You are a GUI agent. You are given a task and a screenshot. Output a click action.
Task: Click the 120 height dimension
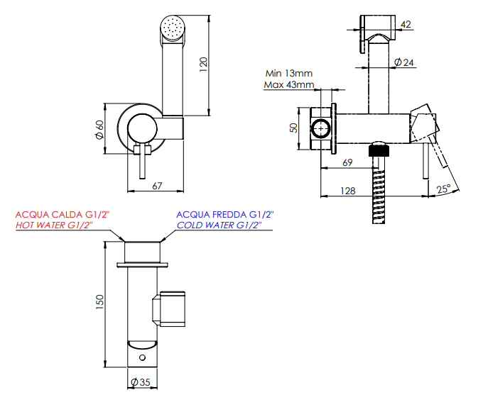(203, 65)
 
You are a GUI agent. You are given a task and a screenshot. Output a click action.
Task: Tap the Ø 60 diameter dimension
(99, 130)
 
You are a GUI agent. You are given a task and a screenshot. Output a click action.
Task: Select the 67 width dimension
(157, 186)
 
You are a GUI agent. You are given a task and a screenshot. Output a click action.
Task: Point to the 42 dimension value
(406, 24)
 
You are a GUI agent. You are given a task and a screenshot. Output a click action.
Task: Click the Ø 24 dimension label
(404, 62)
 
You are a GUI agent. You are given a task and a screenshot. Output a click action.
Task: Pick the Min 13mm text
(289, 73)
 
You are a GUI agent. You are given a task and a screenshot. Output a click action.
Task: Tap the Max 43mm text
(289, 84)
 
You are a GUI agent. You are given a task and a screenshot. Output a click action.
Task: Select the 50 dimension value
(294, 128)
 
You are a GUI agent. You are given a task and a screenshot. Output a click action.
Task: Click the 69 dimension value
(347, 162)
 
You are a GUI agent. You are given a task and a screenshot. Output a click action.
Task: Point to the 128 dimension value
(348, 191)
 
